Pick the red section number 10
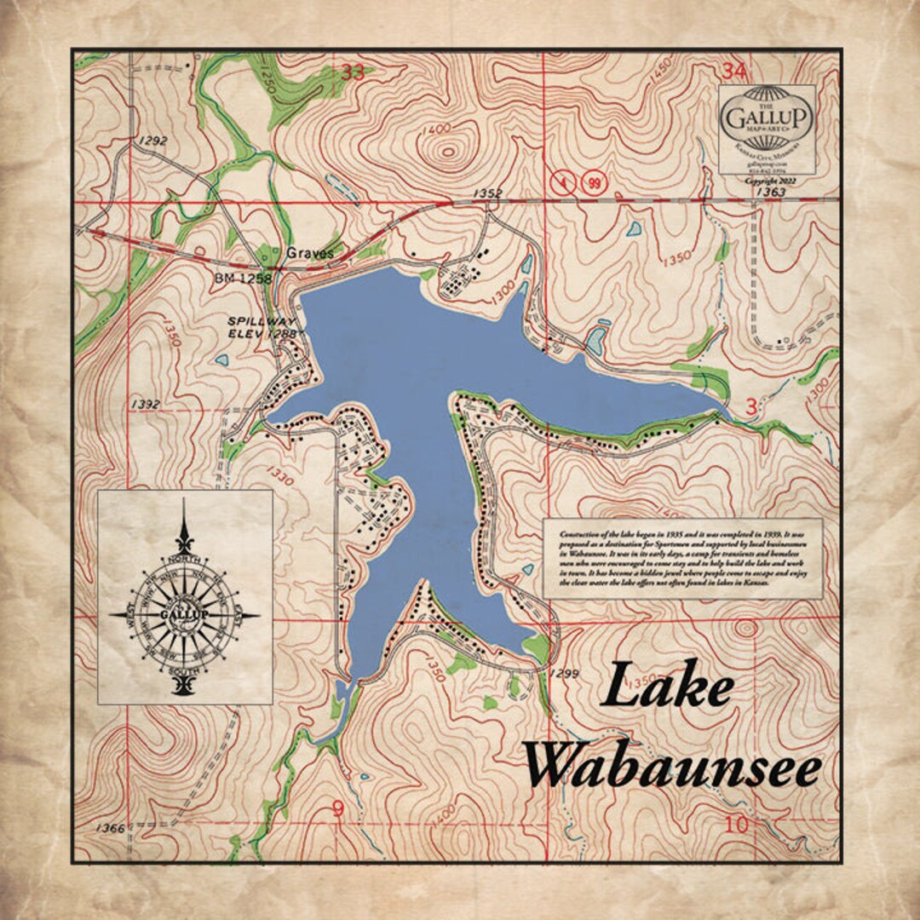coord(736,825)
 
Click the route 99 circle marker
coord(594,182)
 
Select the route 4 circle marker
coord(561,182)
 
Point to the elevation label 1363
coord(770,193)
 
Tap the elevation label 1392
coord(147,403)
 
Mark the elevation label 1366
coord(111,828)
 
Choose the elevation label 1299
coord(565,673)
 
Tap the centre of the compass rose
coord(184,613)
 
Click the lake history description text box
coord(682,558)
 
